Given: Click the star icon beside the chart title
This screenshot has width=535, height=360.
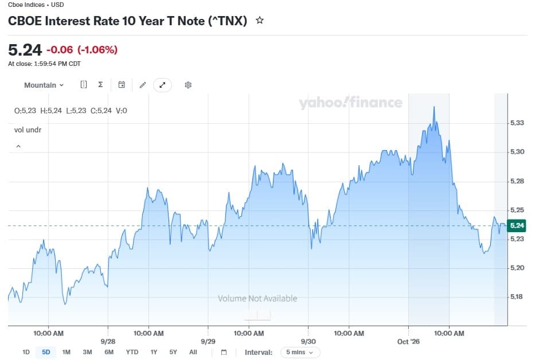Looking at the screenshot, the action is (x=260, y=21).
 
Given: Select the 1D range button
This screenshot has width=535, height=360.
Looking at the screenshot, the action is (x=26, y=352).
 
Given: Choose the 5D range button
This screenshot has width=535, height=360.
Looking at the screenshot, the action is (x=46, y=352).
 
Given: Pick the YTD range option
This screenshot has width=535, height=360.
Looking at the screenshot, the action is (x=132, y=352).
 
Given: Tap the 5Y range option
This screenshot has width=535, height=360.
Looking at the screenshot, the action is (x=173, y=352).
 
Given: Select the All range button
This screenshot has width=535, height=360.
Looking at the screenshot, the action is (x=193, y=352).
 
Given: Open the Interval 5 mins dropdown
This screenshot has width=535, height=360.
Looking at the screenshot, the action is (x=300, y=352).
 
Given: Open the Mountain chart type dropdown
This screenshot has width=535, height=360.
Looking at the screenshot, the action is (x=44, y=85).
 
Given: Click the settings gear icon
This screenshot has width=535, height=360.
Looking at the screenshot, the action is (x=188, y=85).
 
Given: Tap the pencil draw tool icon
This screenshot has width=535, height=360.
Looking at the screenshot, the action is (x=143, y=85).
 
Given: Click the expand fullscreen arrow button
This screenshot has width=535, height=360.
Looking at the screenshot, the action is (x=162, y=85).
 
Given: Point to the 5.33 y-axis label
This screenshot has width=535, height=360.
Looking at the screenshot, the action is (x=517, y=123).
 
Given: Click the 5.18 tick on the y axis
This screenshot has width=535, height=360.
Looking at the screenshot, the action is (x=517, y=297).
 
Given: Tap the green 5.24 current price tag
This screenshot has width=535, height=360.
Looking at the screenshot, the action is (x=517, y=225).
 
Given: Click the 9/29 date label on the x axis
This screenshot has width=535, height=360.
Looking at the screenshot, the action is (x=208, y=341).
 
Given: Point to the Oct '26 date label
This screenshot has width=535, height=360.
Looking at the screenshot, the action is (x=408, y=341).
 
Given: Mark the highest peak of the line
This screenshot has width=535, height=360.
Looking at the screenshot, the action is (x=434, y=107).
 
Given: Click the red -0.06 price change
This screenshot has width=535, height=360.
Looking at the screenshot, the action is (x=60, y=50).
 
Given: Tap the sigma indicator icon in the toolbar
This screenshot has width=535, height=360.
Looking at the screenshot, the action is (x=100, y=85).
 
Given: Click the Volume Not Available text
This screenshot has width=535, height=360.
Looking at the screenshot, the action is (x=257, y=299).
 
